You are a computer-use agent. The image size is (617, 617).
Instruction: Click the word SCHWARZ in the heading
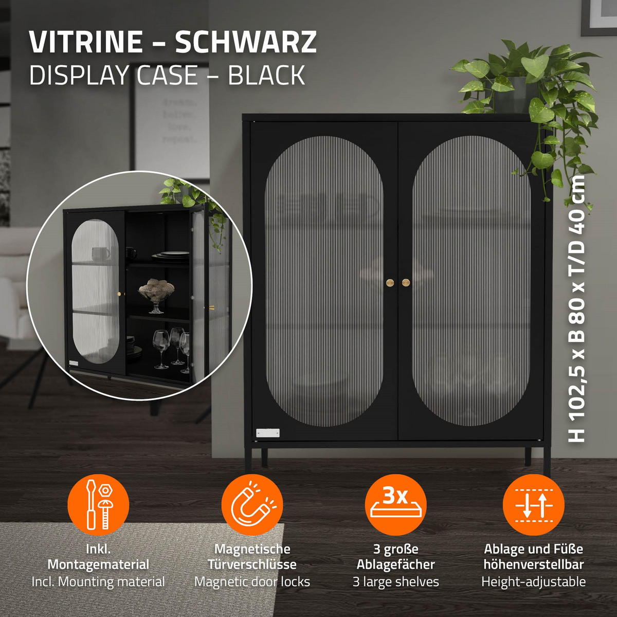tap(246, 42)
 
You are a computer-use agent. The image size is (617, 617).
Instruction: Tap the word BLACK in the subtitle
tap(266, 75)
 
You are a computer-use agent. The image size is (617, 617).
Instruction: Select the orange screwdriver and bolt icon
tap(98, 504)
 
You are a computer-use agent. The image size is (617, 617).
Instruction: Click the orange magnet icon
tap(252, 504)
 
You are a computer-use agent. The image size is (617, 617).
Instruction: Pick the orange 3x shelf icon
tap(395, 504)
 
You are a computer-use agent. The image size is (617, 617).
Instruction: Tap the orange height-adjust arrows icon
tap(533, 504)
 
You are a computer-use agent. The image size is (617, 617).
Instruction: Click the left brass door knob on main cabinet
tap(390, 282)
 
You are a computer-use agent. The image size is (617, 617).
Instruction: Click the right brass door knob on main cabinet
tap(406, 282)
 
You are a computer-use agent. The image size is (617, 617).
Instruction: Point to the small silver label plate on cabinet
tap(268, 433)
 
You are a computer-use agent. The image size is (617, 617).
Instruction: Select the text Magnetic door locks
tap(252, 582)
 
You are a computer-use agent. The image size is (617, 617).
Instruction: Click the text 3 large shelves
tap(395, 582)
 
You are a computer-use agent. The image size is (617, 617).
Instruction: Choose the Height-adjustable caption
tap(533, 582)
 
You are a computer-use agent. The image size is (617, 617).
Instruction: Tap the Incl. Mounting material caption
tap(98, 582)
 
